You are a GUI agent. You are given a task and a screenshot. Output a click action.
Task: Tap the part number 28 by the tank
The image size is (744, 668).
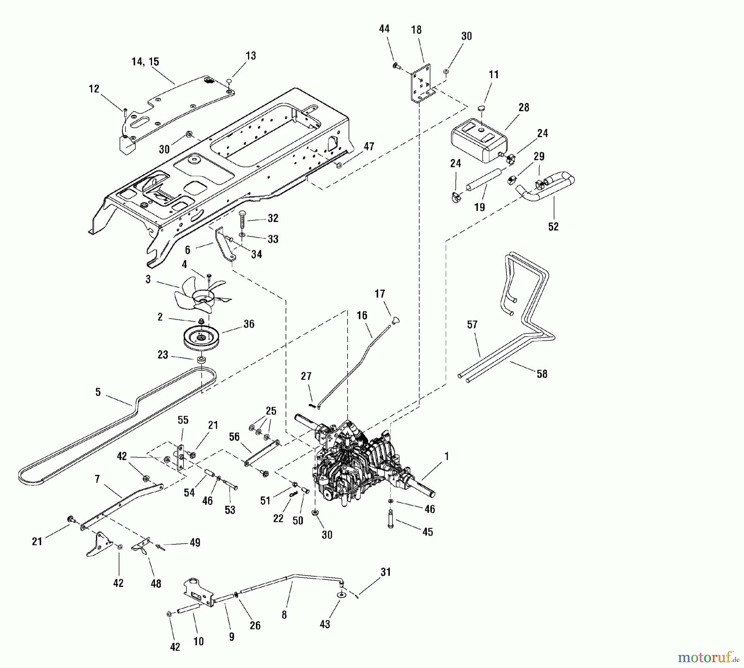(524, 107)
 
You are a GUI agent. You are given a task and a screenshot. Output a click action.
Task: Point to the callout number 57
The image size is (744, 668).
(472, 325)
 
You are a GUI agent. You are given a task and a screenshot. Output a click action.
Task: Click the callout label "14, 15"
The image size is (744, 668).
(145, 62)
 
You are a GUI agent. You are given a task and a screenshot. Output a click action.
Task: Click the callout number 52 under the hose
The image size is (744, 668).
(553, 227)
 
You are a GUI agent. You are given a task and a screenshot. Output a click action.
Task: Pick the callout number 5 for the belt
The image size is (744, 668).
(98, 392)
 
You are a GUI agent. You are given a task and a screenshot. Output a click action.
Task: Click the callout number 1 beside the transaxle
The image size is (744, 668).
(446, 456)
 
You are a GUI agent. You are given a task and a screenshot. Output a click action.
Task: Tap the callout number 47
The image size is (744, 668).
(369, 146)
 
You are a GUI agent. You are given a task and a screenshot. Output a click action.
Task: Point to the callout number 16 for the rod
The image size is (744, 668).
(362, 316)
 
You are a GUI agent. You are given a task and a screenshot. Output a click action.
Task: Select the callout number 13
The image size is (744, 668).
(251, 56)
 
